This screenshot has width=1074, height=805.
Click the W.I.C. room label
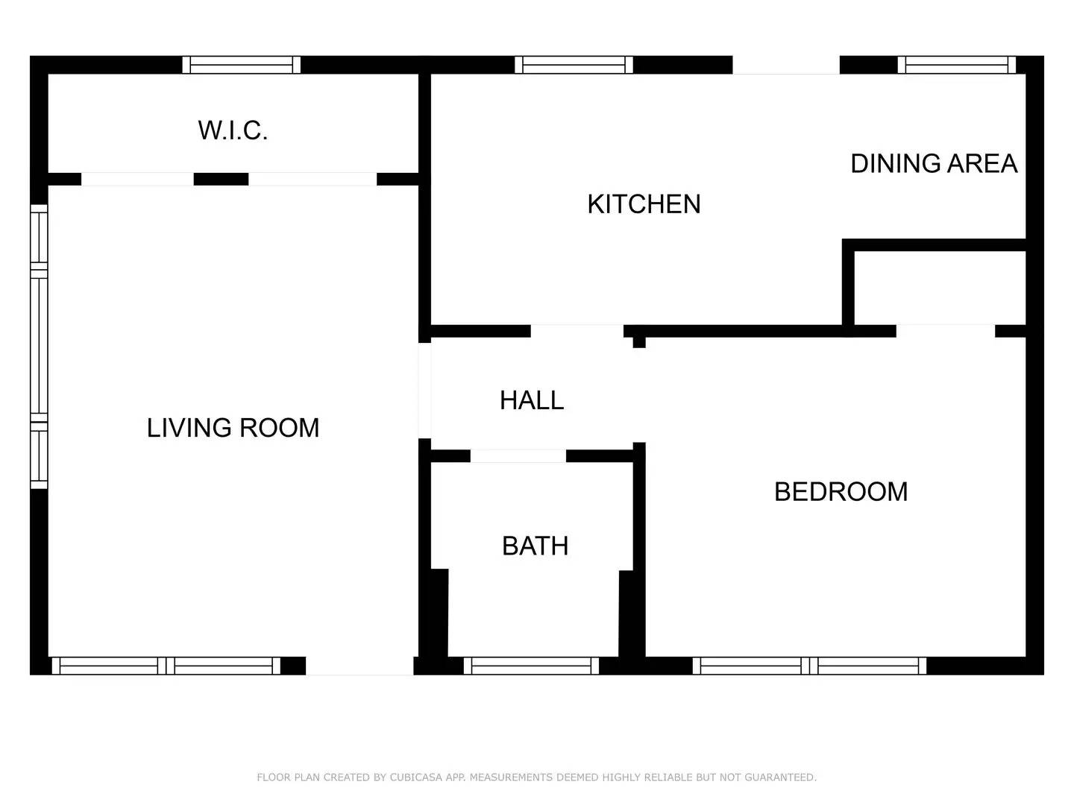pyautogui.click(x=233, y=130)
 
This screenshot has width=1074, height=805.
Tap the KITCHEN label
pyautogui.click(x=644, y=204)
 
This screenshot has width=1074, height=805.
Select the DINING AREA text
pyautogui.click(x=934, y=164)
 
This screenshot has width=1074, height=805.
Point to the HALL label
pyautogui.click(x=531, y=400)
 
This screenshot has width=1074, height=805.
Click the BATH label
pyautogui.click(x=535, y=546)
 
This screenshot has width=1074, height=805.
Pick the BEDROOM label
pyautogui.click(x=841, y=492)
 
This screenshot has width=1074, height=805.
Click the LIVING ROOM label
pyautogui.click(x=233, y=428)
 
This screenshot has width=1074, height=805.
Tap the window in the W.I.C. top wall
pyautogui.click(x=241, y=65)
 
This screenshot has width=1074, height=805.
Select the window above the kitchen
pyautogui.click(x=574, y=65)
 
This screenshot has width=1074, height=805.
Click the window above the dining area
pyautogui.click(x=956, y=65)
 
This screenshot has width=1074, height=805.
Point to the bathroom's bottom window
pyautogui.click(x=531, y=666)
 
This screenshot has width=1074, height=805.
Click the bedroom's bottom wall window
pyautogui.click(x=809, y=666)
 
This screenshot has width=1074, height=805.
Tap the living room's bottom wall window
pyautogui.click(x=166, y=666)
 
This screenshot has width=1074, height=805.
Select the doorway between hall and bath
pyautogui.click(x=518, y=456)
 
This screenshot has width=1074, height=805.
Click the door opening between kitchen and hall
pyautogui.click(x=577, y=331)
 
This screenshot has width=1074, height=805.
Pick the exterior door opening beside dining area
pyautogui.click(x=785, y=65)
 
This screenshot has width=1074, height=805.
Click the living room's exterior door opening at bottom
pyautogui.click(x=359, y=666)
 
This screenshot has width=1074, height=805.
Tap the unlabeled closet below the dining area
pyautogui.click(x=940, y=288)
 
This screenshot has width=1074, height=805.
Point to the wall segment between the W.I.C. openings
pyautogui.click(x=221, y=179)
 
